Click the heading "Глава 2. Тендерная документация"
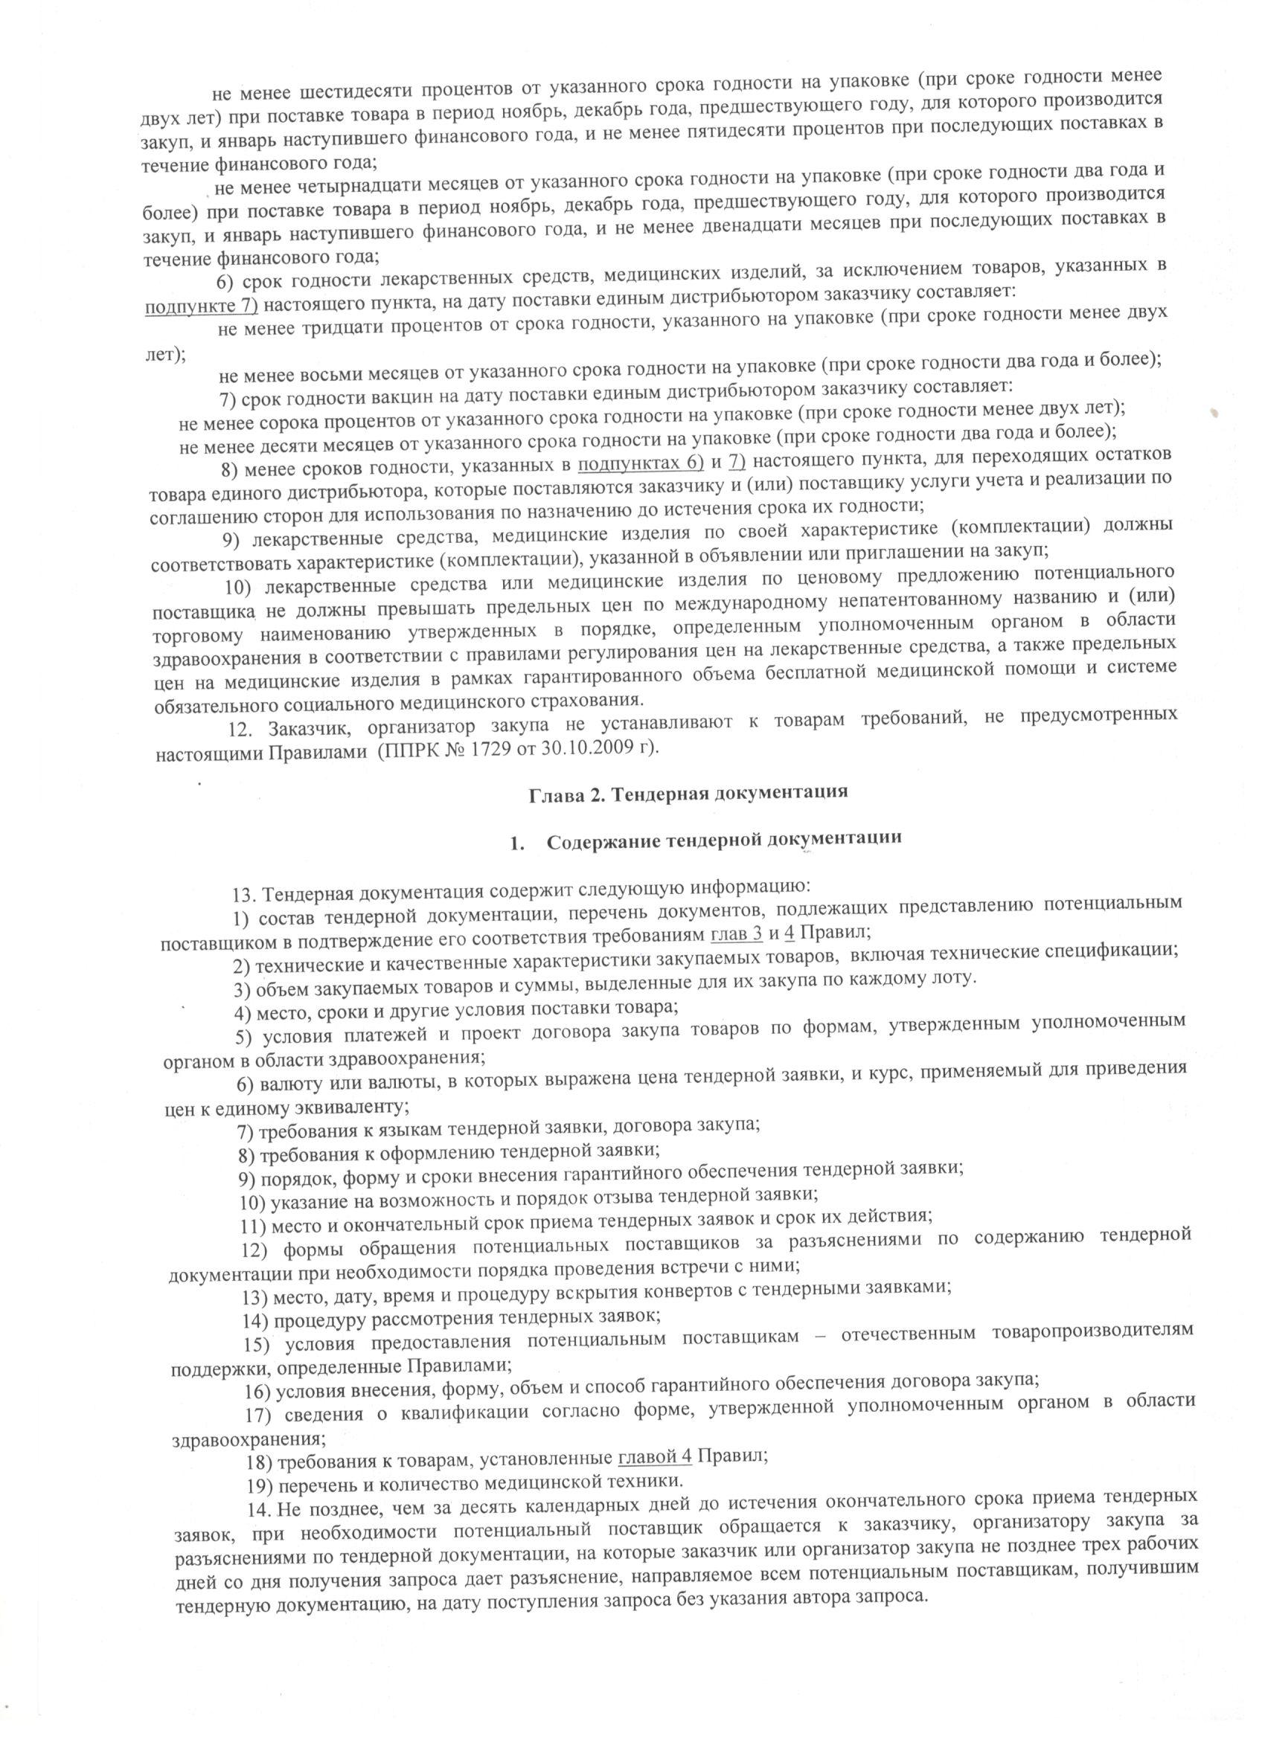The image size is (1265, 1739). click(688, 792)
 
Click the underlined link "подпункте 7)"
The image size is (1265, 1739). click(202, 305)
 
